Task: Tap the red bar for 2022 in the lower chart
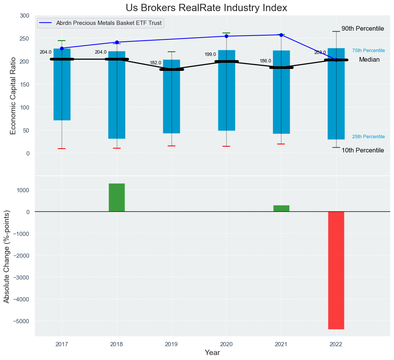pos(336,270)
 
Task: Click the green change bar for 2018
pos(117,198)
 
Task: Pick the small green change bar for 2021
pos(281,208)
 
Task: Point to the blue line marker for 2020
pos(226,36)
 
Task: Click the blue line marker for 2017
pos(62,48)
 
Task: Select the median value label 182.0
pos(155,63)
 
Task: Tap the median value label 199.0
pos(210,54)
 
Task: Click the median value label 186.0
pos(265,61)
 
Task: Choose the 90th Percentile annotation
pos(363,29)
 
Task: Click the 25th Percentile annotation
pos(368,137)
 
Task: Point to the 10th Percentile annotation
pos(363,151)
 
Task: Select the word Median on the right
pos(369,60)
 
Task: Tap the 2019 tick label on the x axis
pos(172,345)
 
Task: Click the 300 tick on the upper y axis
pos(24,16)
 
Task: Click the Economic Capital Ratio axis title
pos(13,95)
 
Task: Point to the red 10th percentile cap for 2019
pos(172,146)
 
